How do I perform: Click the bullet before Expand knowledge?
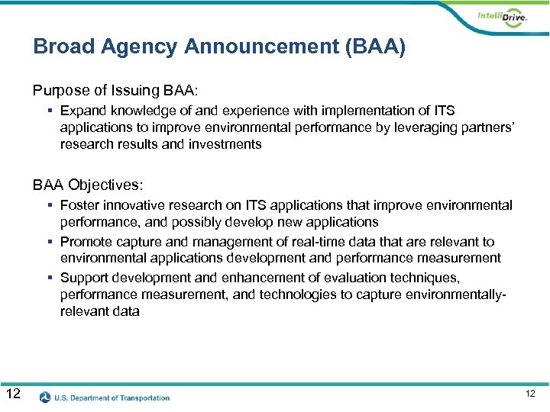(x=49, y=112)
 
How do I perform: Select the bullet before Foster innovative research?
(x=49, y=206)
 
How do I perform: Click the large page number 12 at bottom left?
(x=13, y=394)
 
